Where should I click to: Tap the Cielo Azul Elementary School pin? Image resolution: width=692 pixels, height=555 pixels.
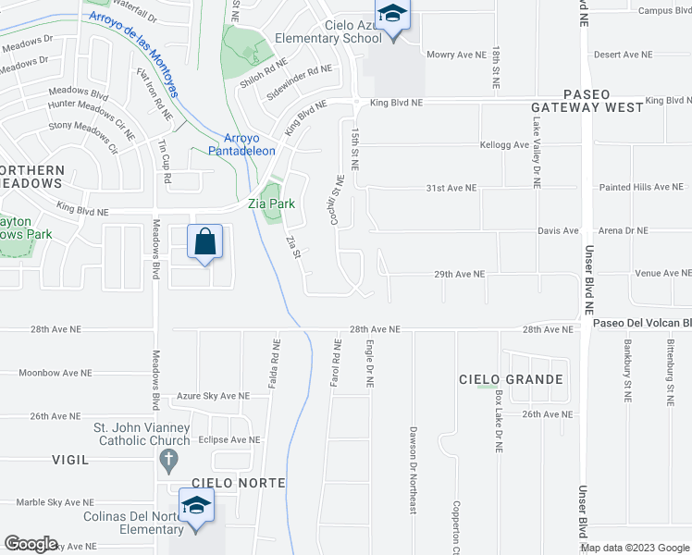[x=394, y=18]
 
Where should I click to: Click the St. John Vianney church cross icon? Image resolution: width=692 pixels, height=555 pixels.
[x=168, y=460]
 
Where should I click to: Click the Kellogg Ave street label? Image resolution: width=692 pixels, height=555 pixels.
[x=504, y=145]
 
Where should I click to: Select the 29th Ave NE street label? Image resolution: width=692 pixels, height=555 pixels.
[x=460, y=274]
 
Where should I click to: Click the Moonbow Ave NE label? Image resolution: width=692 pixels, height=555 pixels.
[x=55, y=373]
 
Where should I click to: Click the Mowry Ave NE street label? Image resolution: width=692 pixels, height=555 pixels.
[x=455, y=55]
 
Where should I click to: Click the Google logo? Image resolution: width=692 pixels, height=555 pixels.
[x=31, y=544]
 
